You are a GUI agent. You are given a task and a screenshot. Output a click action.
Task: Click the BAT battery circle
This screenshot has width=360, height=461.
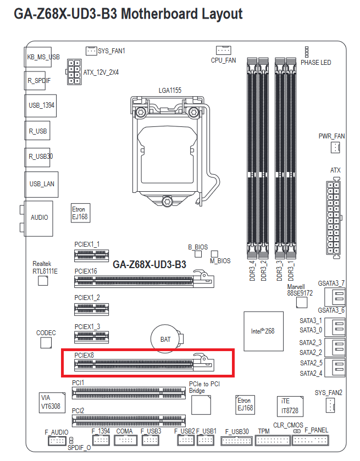point(165,339)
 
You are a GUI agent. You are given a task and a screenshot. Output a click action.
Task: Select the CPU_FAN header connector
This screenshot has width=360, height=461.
point(223,50)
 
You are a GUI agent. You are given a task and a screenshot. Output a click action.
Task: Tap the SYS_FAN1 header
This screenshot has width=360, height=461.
point(91,51)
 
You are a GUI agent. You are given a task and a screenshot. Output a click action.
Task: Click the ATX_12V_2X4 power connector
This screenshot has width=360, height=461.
point(73,72)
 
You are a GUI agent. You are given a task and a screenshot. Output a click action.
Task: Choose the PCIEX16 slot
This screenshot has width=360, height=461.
point(145,281)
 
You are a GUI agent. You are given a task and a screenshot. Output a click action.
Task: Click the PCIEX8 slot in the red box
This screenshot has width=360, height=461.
point(145,363)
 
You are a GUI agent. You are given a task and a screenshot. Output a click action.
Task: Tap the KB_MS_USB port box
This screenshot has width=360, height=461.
point(43,57)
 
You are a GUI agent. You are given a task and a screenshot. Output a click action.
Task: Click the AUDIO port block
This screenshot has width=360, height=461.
point(40,217)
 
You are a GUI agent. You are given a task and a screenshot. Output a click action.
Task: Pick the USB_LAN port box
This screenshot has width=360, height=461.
point(42,184)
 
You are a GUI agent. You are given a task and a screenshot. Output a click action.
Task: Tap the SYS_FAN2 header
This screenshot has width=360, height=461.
point(329,406)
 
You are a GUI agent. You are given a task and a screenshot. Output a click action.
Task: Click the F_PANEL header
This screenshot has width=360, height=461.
point(315,441)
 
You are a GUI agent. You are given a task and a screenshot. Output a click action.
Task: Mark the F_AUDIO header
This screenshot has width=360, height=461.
point(57,441)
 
